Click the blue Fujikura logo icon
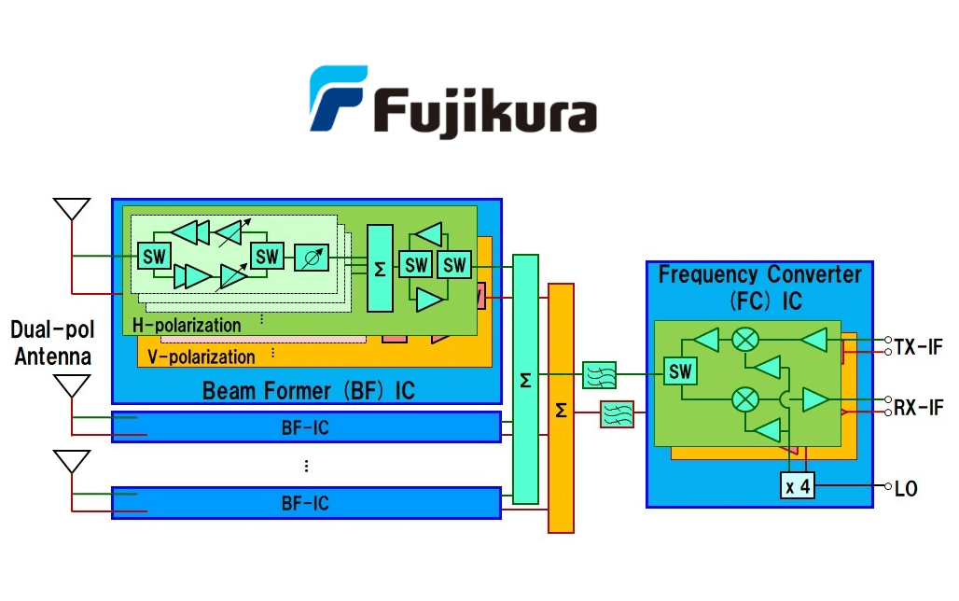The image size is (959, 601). click(x=338, y=97)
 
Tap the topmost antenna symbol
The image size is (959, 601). click(x=72, y=209)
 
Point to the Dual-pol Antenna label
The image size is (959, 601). click(x=51, y=342)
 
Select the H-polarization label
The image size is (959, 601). click(x=187, y=326)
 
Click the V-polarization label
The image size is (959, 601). click(x=202, y=356)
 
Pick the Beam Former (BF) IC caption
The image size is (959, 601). click(x=308, y=389)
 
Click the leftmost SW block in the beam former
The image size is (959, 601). click(x=153, y=255)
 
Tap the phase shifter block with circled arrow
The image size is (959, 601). click(x=312, y=255)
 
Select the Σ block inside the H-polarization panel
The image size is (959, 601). click(x=380, y=268)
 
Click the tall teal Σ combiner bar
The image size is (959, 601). click(x=525, y=379)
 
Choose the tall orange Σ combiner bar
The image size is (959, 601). click(x=561, y=408)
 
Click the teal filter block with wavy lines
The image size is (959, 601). click(x=598, y=375)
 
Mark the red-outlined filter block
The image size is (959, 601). click(x=617, y=413)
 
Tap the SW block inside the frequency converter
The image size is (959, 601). click(x=681, y=371)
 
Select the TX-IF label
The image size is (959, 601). click(x=918, y=347)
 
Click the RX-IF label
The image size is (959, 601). click(x=918, y=407)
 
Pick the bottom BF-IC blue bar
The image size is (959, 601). click(x=306, y=503)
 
